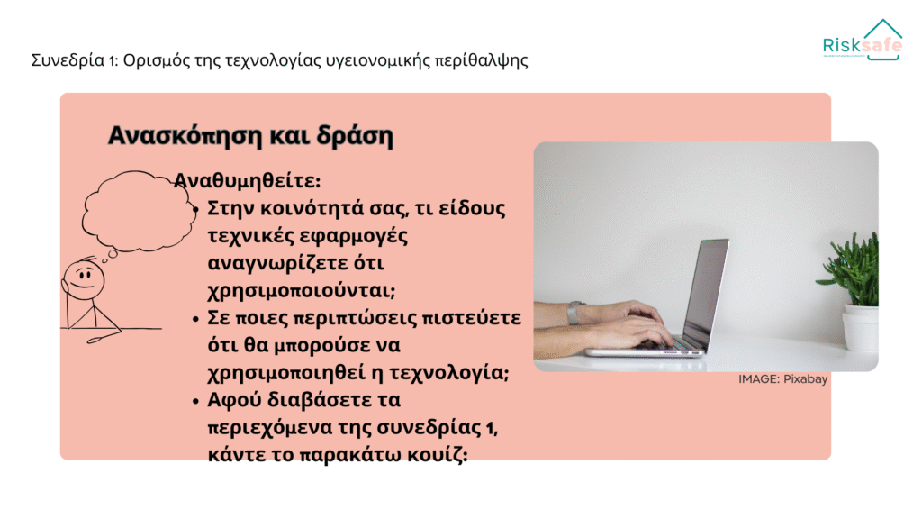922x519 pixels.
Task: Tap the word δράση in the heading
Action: [x=355, y=136]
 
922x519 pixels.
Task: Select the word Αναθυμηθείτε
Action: [x=247, y=180]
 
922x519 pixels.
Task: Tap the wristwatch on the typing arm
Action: [x=574, y=313]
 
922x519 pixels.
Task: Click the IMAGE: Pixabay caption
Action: [x=782, y=379]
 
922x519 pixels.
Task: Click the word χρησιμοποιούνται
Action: [x=302, y=291]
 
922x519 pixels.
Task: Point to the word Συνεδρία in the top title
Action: [x=68, y=60]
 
